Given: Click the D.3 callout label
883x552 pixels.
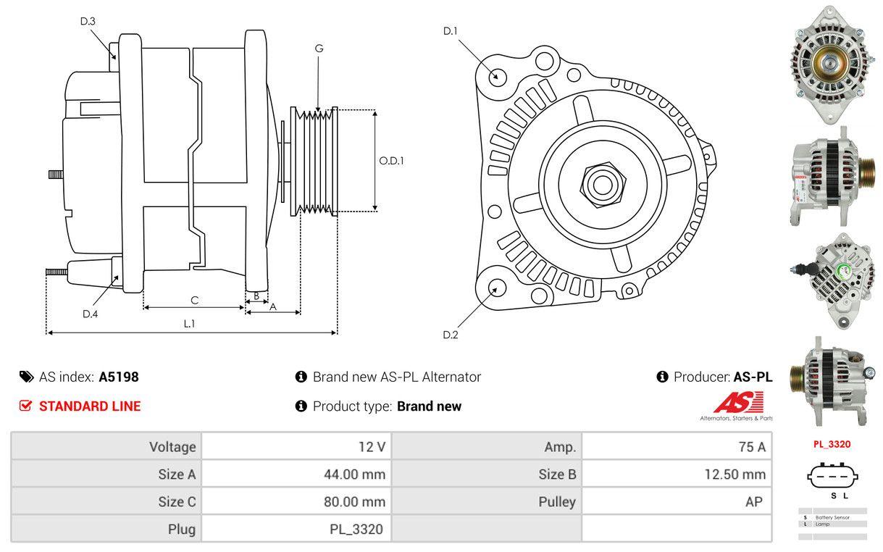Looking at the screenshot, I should coord(88,21).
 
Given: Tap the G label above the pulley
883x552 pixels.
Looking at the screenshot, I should coord(319,49).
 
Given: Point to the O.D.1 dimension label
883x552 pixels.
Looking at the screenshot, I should coord(391,161).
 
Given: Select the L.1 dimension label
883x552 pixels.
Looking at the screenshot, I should coord(188,324).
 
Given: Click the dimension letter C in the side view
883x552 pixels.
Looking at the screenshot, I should coord(194,300).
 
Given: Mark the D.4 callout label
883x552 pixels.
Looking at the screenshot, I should coord(90,314).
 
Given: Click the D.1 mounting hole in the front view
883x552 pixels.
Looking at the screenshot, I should coord(497,75).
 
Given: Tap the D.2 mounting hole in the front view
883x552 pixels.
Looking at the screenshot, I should coord(496,288).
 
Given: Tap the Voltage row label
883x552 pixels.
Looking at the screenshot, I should coord(172,447).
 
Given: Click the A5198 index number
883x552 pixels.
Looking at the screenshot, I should coord(119,377).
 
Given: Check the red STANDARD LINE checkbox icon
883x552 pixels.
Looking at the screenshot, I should coord(25,406).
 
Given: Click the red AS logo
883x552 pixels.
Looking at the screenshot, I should coord(738,403).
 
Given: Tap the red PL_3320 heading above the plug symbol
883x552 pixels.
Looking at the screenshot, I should coord(832,444).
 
